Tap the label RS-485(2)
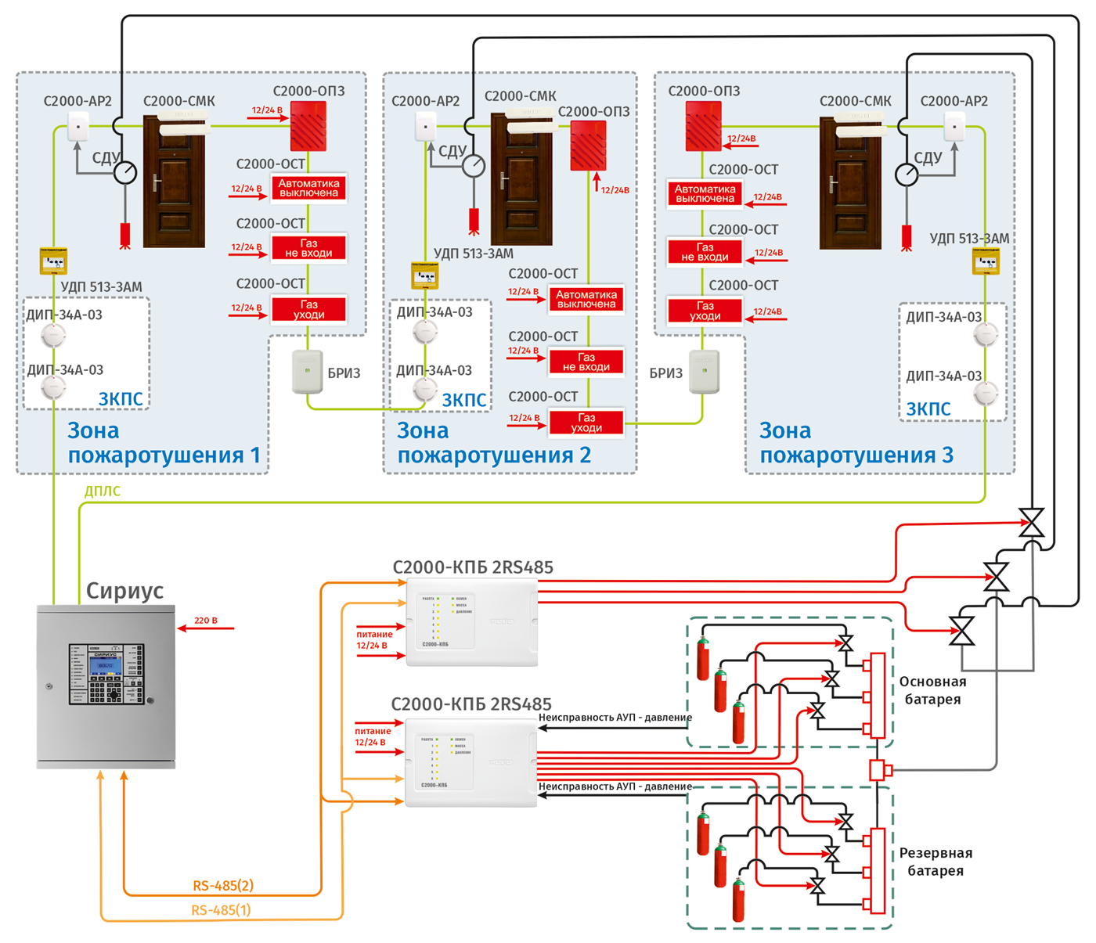pos(223,886)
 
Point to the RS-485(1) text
pos(221,910)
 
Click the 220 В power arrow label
pos(206,621)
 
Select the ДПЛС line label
pos(103,491)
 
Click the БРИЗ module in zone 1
pos(307,372)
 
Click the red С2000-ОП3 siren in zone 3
pos(703,126)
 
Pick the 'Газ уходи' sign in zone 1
pos(309,309)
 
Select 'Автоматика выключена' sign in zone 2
pos(586,299)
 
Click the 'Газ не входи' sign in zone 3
pos(705,252)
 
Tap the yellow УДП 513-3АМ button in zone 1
pos(53,261)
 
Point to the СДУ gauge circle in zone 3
pos(907,174)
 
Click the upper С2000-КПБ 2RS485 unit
pos(472,622)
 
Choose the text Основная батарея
pos(932,690)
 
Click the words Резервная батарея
pos(936,862)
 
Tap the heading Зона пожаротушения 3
pos(856,443)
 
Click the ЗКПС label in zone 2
pos(464,401)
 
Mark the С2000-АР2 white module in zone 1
pos(78,125)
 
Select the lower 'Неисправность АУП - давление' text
pos(615,786)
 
